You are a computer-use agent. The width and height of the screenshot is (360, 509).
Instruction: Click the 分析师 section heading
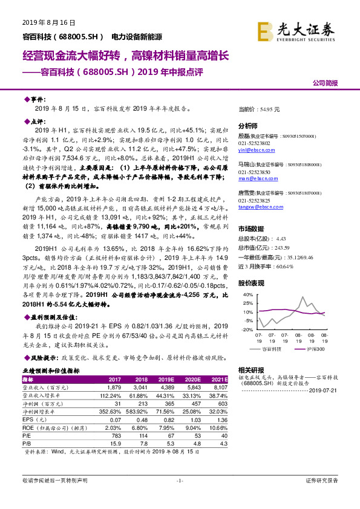tap(248, 126)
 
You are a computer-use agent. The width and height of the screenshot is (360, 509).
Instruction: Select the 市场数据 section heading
tap(251, 230)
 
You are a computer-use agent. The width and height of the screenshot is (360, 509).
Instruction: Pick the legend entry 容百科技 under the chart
tap(271, 350)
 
